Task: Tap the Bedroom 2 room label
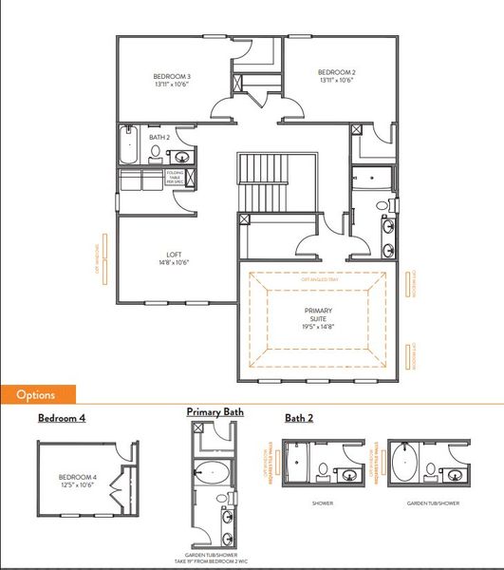pyautogui.click(x=337, y=73)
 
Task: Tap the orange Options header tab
pyautogui.click(x=38, y=394)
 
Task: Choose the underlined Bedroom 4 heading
pyautogui.click(x=63, y=417)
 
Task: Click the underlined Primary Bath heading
pyautogui.click(x=215, y=412)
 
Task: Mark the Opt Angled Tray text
pyautogui.click(x=316, y=280)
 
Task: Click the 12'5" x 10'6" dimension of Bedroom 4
pyautogui.click(x=77, y=484)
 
